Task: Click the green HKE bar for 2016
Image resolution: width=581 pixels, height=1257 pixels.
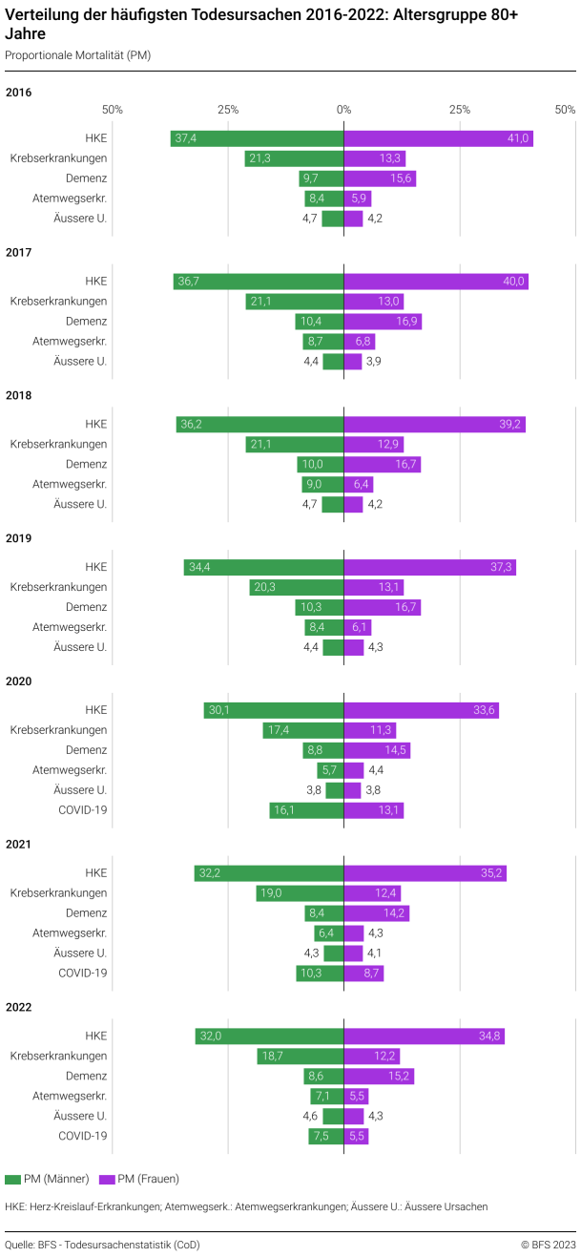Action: tap(258, 138)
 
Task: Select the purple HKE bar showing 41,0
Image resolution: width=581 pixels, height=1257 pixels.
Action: tap(438, 138)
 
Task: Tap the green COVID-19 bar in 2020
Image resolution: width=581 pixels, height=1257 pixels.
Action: tap(306, 810)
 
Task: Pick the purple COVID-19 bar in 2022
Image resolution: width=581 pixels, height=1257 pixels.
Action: tap(356, 1136)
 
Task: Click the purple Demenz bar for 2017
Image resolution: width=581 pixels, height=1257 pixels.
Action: tap(382, 322)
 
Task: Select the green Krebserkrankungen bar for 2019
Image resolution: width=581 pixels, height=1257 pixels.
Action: tap(297, 587)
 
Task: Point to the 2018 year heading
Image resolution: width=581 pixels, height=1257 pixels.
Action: tap(19, 395)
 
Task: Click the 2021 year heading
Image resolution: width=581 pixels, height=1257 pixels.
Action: tap(19, 844)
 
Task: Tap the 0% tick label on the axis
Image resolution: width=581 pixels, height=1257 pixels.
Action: tap(343, 110)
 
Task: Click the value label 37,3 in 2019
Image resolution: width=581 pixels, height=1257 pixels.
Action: tap(502, 567)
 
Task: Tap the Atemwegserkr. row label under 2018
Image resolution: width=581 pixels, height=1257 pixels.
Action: tap(70, 484)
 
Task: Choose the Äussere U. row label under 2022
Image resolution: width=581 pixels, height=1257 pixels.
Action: tap(80, 1116)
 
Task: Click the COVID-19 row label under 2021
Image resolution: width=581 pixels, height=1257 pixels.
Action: tap(83, 973)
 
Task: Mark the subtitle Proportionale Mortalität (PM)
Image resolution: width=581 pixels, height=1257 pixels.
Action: tap(77, 55)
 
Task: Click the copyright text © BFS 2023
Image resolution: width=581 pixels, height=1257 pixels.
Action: tap(548, 1245)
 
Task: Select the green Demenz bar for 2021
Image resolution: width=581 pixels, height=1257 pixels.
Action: tap(324, 913)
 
